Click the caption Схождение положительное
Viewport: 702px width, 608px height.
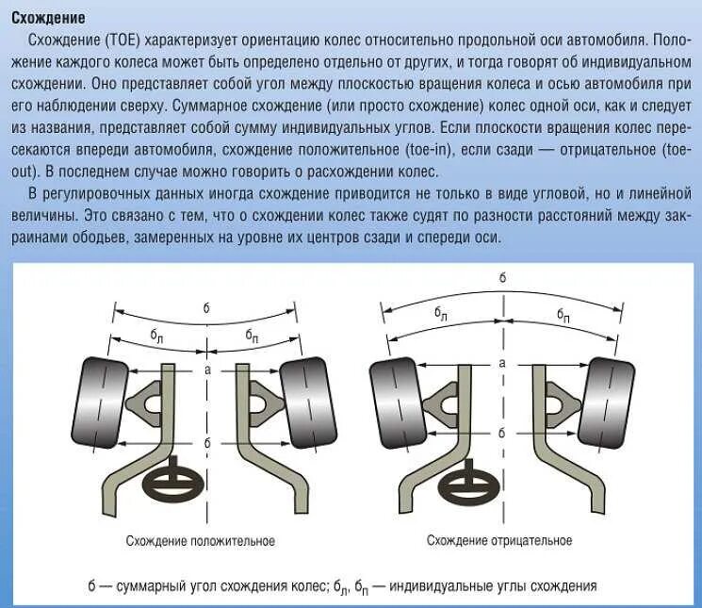200,541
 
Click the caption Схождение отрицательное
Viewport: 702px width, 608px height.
499,541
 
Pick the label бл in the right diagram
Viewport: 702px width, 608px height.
440,313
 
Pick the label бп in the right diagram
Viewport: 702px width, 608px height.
563,313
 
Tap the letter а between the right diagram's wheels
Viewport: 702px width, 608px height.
501,362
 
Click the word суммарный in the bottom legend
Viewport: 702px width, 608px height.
153,586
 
